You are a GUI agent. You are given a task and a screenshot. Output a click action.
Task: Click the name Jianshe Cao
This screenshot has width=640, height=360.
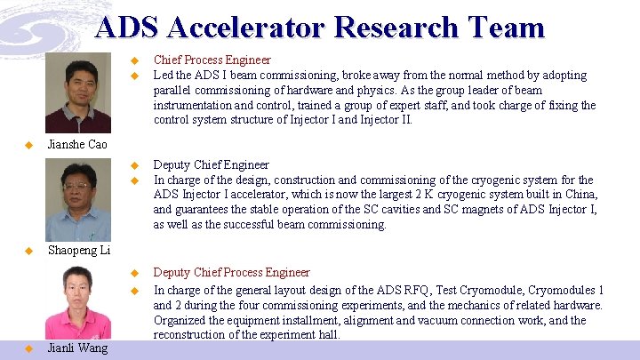point(76,144)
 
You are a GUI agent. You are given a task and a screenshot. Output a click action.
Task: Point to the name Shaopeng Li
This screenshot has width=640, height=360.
point(78,251)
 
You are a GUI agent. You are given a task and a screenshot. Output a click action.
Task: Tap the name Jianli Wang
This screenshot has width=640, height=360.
point(77,348)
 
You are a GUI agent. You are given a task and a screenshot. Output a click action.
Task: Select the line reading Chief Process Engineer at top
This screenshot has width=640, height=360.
point(212,60)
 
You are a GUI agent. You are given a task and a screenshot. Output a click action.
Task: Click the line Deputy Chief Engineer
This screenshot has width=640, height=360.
point(212,164)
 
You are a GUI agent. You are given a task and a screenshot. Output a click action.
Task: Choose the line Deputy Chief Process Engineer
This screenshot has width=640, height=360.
point(232,272)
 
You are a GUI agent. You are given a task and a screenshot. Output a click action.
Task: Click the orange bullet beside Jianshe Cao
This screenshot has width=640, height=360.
point(28,144)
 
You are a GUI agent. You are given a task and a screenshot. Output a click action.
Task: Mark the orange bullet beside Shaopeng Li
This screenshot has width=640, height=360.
point(28,251)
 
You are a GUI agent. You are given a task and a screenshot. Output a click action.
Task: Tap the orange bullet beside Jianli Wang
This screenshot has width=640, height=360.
point(28,348)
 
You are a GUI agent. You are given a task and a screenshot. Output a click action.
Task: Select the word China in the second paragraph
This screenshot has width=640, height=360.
point(579,195)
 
